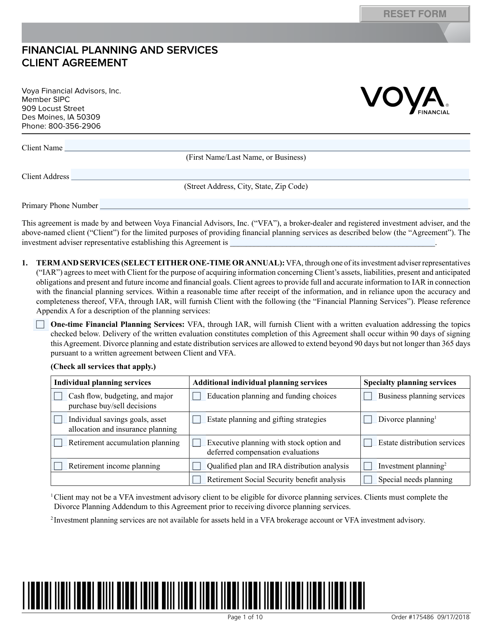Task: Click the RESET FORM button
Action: click(415, 14)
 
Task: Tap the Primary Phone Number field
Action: click(284, 204)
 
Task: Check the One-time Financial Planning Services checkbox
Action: click(40, 325)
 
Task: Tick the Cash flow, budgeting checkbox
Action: click(58, 396)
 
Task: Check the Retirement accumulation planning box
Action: click(58, 443)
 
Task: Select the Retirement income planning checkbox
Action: click(58, 466)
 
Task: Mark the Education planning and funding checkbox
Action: click(197, 396)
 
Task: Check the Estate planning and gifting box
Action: click(197, 419)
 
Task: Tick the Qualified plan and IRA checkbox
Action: click(197, 466)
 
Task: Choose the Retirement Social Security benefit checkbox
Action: click(197, 480)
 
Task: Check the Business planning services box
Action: click(368, 396)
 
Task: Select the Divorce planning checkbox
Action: click(368, 419)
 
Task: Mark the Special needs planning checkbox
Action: click(368, 480)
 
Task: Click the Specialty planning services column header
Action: click(410, 383)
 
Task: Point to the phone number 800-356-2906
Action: click(74, 126)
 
